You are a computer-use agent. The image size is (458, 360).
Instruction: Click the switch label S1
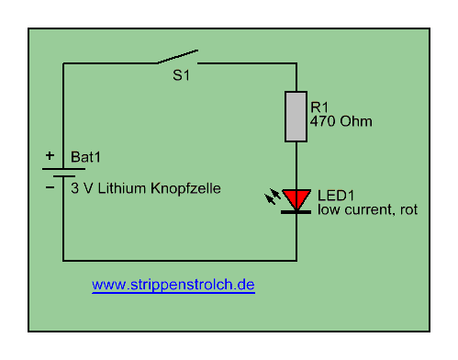coord(182,75)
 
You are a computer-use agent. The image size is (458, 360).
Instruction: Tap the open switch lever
coord(177,57)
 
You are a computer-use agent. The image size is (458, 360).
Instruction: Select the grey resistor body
coord(296,117)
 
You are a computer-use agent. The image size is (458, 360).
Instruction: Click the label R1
coord(319,107)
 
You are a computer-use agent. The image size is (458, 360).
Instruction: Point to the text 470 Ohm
coord(341,121)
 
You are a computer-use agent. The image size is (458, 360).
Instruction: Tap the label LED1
coord(336,196)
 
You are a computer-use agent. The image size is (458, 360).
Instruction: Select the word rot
coord(408,209)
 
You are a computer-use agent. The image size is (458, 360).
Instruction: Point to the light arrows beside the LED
coord(273,197)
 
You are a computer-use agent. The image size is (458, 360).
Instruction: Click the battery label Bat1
coord(85,157)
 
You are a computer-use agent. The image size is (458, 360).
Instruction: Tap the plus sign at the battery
coord(50,155)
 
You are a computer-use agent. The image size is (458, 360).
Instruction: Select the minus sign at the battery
coord(50,187)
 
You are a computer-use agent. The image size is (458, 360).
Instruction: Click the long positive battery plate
coord(63,169)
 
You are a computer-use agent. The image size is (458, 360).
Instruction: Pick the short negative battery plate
coord(64,176)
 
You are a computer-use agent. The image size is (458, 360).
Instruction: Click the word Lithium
coord(122,188)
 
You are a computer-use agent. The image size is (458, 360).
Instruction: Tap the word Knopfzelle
coord(185,188)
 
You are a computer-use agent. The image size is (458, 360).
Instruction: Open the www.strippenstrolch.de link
coord(173,285)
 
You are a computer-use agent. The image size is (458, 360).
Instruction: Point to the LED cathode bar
coord(296,212)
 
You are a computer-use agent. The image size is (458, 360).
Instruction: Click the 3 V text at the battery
coord(82,188)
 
